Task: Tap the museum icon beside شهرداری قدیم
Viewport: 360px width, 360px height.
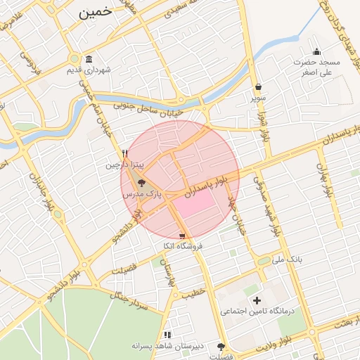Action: pos(89,60)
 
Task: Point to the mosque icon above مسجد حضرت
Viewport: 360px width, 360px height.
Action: pos(316,51)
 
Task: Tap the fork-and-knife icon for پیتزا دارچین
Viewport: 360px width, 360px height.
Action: pos(125,153)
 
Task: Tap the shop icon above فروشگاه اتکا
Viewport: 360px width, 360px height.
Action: pos(182,236)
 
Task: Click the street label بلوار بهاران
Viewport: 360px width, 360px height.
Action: pos(323,169)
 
